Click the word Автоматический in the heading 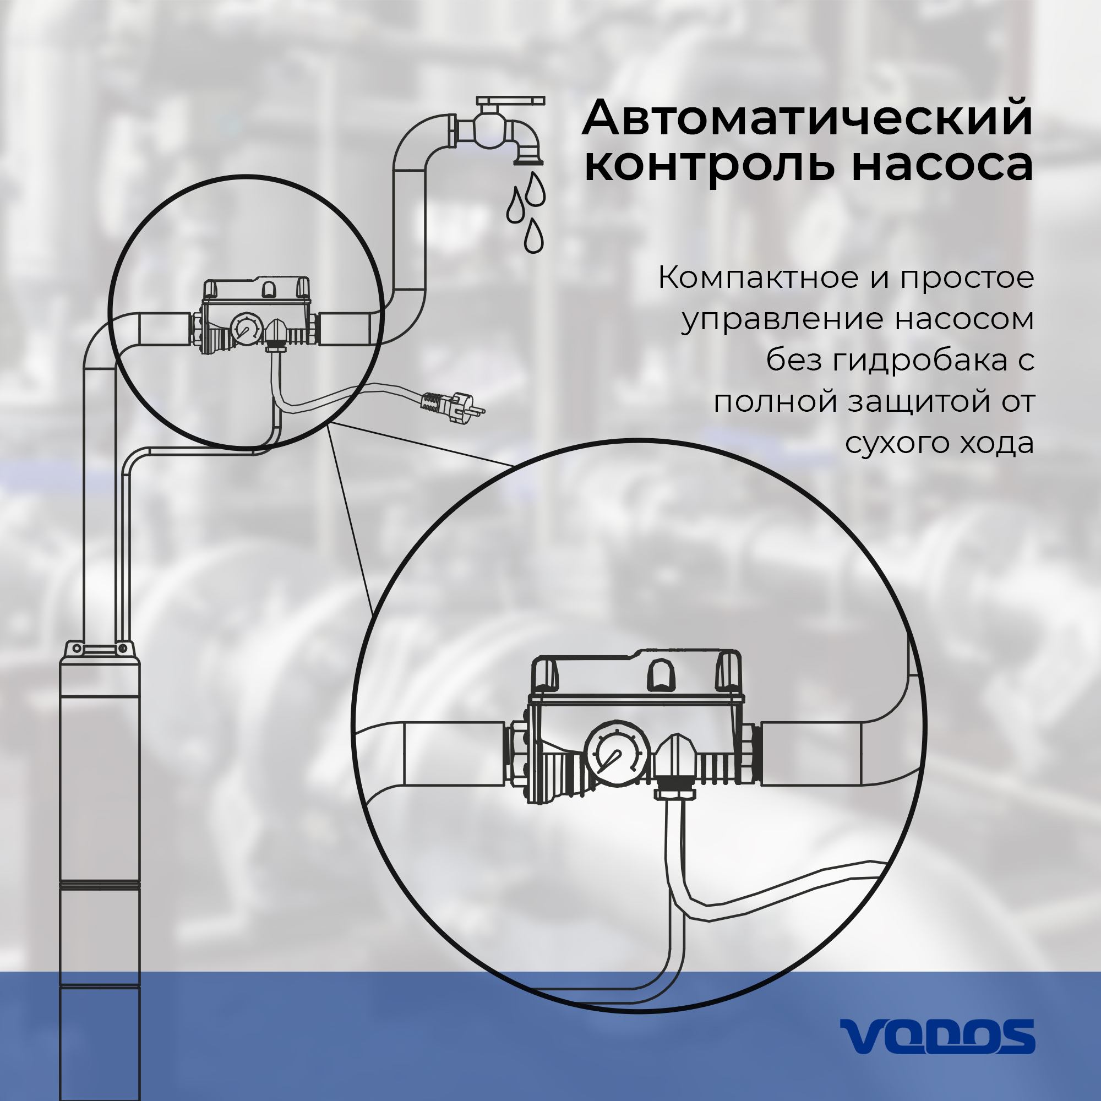tap(808, 118)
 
